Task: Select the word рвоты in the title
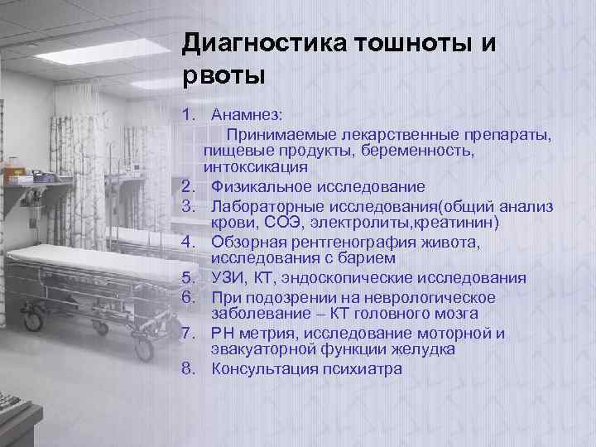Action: [223, 76]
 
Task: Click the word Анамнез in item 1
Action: [247, 113]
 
